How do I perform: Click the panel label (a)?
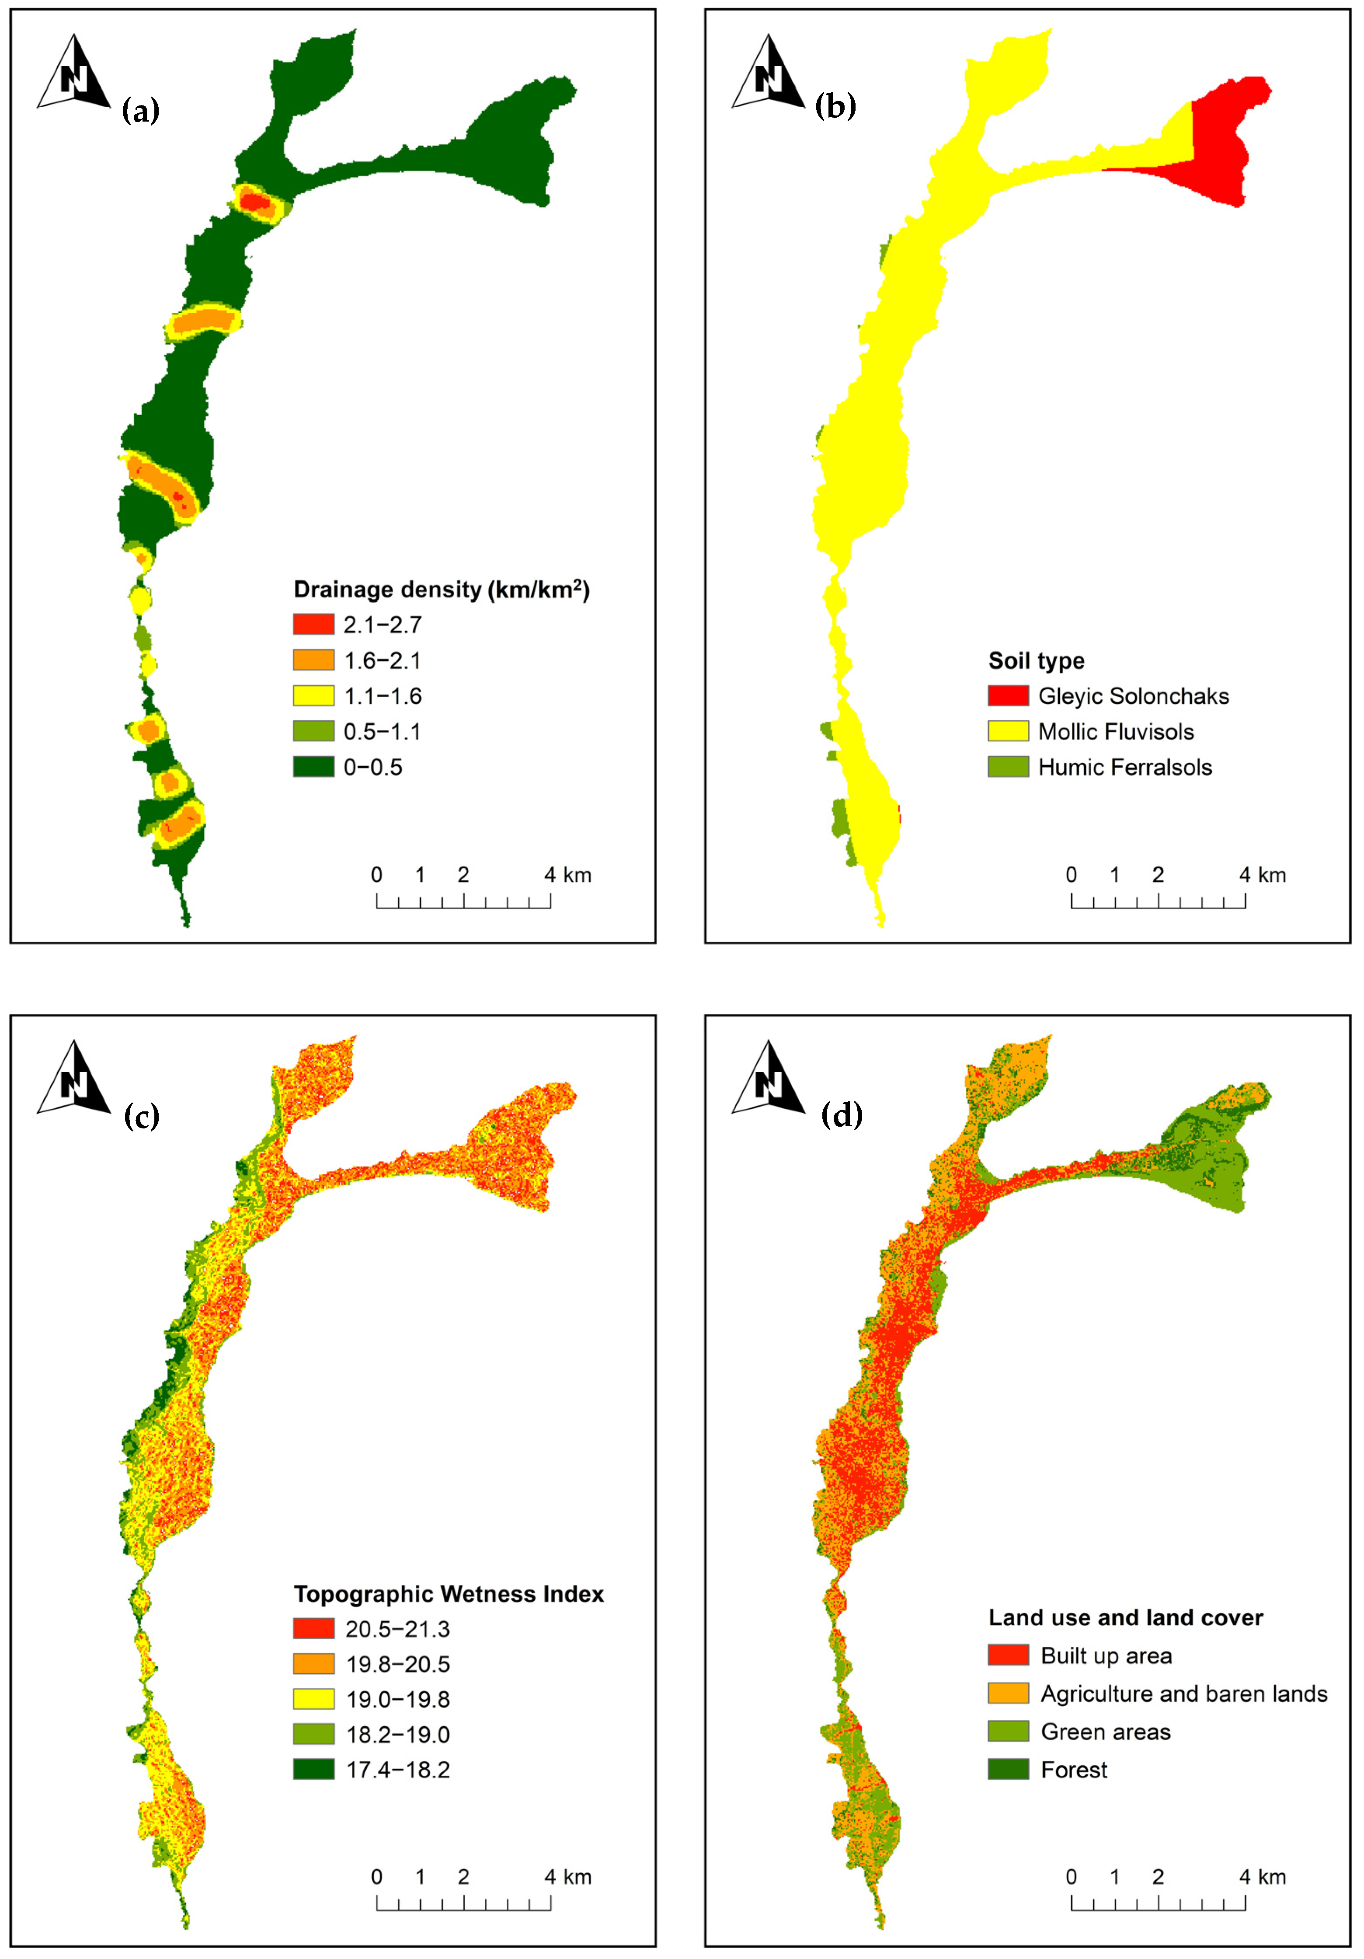tap(141, 110)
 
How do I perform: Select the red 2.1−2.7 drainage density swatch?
tap(313, 625)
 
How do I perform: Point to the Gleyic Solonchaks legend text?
tap(1133, 696)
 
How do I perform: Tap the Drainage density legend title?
tap(441, 590)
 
